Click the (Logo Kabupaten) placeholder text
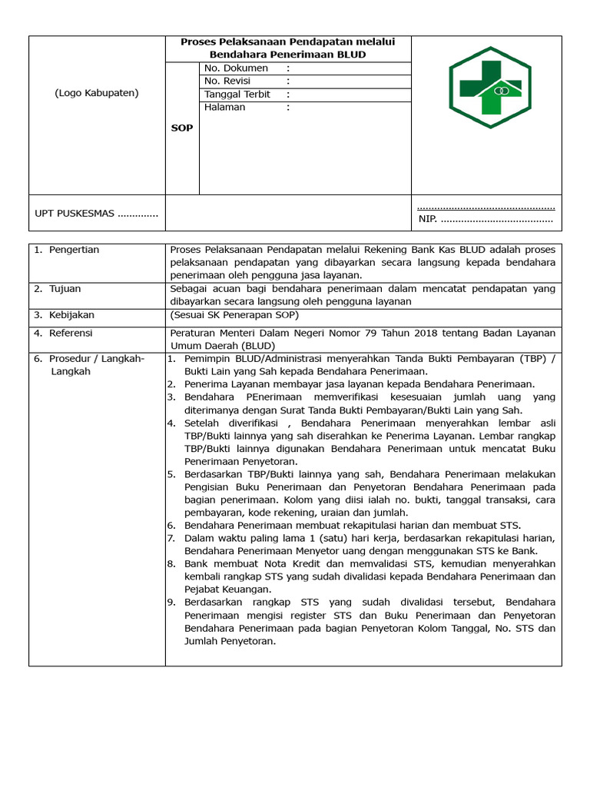pos(97,93)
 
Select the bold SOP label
pos(182,128)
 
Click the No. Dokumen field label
pos(236,68)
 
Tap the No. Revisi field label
pos(229,81)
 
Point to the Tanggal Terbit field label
pos(237,95)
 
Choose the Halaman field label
pos(224,108)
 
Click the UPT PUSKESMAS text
pos(96,214)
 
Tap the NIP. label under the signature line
pos(427,220)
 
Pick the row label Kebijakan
pos(71,315)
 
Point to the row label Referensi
pos(71,334)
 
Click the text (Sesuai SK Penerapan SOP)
pos(234,315)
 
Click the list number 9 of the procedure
pos(172,603)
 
